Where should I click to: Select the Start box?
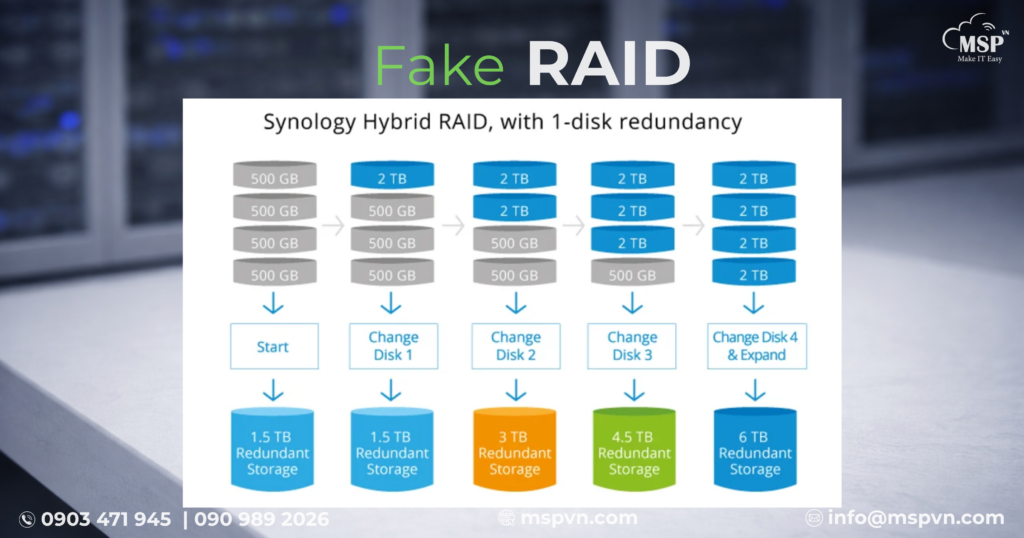272,346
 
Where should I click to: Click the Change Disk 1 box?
392,346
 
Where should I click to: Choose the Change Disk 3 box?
632,346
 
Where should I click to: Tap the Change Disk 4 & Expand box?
755,346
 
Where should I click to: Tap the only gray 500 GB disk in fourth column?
632,274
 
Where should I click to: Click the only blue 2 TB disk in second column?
392,179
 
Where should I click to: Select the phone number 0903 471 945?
105,519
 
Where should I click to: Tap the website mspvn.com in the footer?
578,518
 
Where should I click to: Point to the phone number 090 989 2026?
261,519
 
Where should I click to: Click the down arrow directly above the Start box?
272,303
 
